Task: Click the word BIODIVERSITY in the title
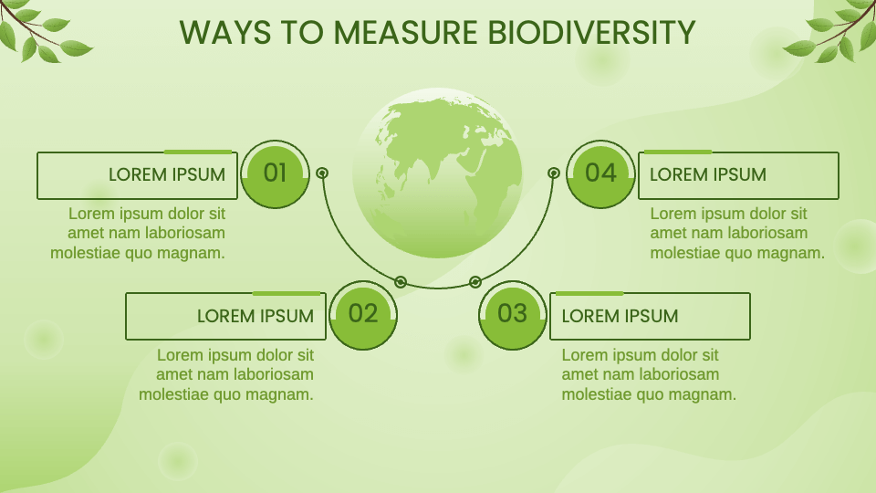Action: click(x=592, y=33)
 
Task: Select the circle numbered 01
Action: click(x=275, y=173)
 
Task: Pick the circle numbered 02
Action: click(x=363, y=314)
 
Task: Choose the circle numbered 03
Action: click(x=513, y=314)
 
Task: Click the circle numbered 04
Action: click(x=600, y=173)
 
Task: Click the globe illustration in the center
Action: click(x=437, y=173)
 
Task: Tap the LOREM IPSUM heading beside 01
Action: click(x=167, y=174)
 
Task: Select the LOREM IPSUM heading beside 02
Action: click(x=255, y=316)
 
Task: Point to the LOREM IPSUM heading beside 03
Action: click(x=620, y=316)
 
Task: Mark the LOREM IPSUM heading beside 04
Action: click(x=708, y=174)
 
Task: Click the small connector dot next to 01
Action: click(x=322, y=173)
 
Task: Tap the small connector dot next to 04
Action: click(x=553, y=173)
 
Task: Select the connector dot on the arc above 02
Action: click(x=401, y=281)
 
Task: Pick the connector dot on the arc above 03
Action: click(x=474, y=281)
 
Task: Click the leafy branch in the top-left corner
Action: click(x=41, y=32)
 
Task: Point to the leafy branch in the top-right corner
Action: click(x=835, y=32)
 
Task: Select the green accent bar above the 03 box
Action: click(x=589, y=293)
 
